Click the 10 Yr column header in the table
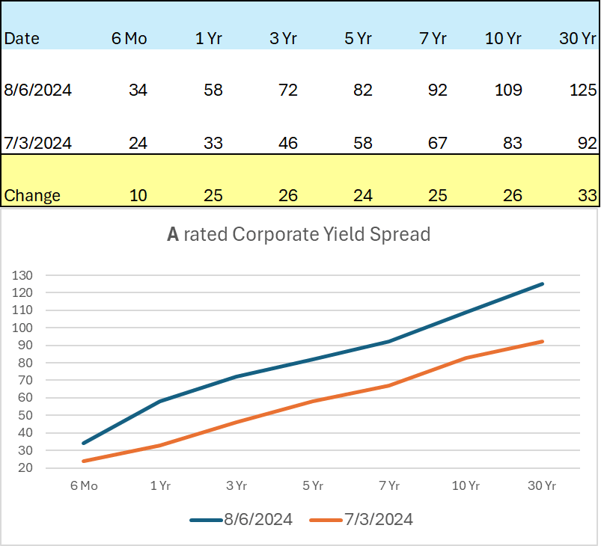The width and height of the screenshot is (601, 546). pyautogui.click(x=503, y=39)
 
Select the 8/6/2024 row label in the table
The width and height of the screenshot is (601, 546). pyautogui.click(x=38, y=91)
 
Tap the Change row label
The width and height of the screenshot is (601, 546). pyautogui.click(x=32, y=196)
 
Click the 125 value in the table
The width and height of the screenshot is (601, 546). pyautogui.click(x=584, y=91)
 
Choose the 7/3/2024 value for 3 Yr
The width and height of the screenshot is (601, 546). pyautogui.click(x=284, y=143)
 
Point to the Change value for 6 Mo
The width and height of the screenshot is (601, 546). pyautogui.click(x=138, y=196)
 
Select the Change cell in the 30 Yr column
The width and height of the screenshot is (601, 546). pyautogui.click(x=587, y=196)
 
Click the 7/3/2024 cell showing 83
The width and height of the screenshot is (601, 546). pyautogui.click(x=512, y=143)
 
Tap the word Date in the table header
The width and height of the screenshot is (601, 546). pyautogui.click(x=22, y=39)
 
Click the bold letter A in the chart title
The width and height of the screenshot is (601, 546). pyautogui.click(x=173, y=235)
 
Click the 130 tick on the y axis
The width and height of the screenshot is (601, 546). pyautogui.click(x=22, y=275)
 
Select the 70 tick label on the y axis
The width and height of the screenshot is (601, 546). pyautogui.click(x=25, y=380)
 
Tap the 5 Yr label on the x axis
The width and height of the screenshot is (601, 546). pyautogui.click(x=313, y=486)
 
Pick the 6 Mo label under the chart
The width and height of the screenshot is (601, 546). pyautogui.click(x=85, y=486)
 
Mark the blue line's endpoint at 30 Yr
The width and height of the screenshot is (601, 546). pyautogui.click(x=542, y=284)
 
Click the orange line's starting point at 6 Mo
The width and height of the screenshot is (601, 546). pyautogui.click(x=84, y=461)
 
